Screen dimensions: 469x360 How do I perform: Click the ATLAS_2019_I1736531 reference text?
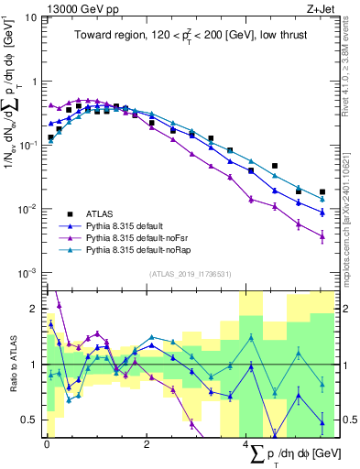click(x=190, y=274)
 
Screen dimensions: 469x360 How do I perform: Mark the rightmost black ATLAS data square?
click(x=322, y=192)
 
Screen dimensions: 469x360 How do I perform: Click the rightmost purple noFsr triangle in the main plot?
click(x=322, y=235)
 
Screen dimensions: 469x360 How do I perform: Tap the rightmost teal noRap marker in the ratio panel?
click(x=322, y=385)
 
